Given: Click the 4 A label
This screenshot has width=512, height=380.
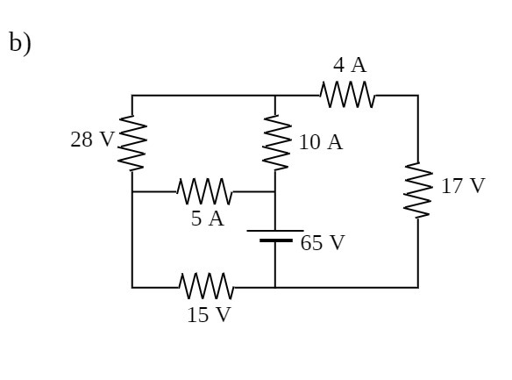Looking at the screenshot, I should click(349, 65).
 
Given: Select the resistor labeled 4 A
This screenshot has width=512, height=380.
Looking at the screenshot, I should click(348, 95).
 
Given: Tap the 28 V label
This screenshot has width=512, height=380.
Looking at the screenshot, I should click(92, 140).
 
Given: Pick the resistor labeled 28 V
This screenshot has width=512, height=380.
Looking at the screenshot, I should click(132, 144).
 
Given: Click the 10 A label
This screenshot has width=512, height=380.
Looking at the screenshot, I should click(320, 142).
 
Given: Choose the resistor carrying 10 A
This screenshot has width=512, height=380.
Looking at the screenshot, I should click(275, 144).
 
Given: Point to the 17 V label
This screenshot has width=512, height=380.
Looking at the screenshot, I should click(462, 186).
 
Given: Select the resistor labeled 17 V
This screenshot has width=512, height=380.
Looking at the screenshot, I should click(417, 190).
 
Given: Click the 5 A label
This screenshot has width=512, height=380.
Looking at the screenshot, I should click(208, 219).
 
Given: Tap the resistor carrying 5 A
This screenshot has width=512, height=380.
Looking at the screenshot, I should click(204, 191).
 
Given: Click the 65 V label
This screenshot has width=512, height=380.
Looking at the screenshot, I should click(323, 243).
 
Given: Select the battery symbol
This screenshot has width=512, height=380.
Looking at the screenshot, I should click(275, 235).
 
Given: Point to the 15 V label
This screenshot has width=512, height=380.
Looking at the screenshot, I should click(209, 315).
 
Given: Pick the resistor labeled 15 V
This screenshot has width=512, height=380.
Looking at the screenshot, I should click(206, 287).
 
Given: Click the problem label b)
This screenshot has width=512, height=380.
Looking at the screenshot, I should click(19, 43).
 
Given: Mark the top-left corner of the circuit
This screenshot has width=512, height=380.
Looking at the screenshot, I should click(132, 96).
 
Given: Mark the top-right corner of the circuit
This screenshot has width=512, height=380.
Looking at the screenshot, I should click(417, 96).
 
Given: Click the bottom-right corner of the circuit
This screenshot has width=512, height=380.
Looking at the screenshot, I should click(417, 287).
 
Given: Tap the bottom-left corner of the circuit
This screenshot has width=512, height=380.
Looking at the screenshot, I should click(132, 287).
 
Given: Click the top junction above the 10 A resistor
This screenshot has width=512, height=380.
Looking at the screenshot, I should click(275, 96).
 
